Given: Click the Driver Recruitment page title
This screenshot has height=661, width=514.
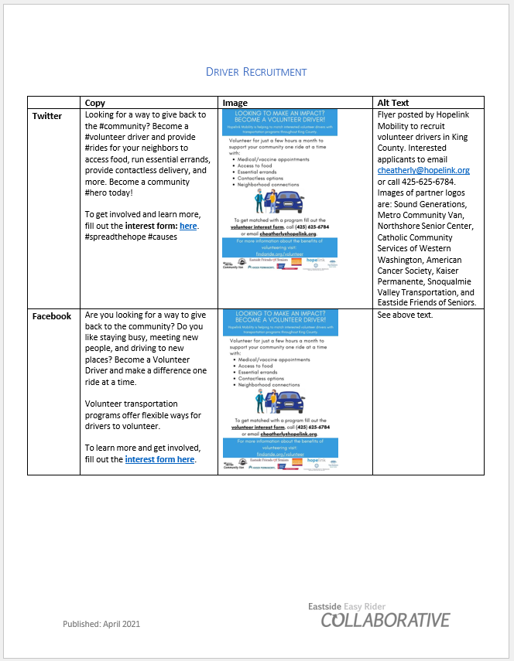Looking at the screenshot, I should coord(256,72).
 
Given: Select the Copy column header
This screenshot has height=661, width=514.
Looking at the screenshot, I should coord(95,103).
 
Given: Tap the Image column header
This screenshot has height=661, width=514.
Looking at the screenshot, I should coord(235,103).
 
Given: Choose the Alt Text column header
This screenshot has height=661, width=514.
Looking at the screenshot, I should coord(393,103).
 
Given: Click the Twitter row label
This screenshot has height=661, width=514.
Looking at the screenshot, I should coord(47,116).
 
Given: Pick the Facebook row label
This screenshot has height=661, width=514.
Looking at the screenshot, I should coord(52,316).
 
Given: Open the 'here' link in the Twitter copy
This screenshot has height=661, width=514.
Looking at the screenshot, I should coord(188,226).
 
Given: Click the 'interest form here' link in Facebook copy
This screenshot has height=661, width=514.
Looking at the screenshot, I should coord(159,459).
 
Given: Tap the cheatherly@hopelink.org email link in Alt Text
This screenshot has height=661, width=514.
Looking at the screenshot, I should coord(423,170).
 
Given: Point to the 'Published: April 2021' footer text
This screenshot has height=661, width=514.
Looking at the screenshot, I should coord(101,623).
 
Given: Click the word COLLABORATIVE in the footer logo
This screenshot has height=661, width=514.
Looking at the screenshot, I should coord(385,621).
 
